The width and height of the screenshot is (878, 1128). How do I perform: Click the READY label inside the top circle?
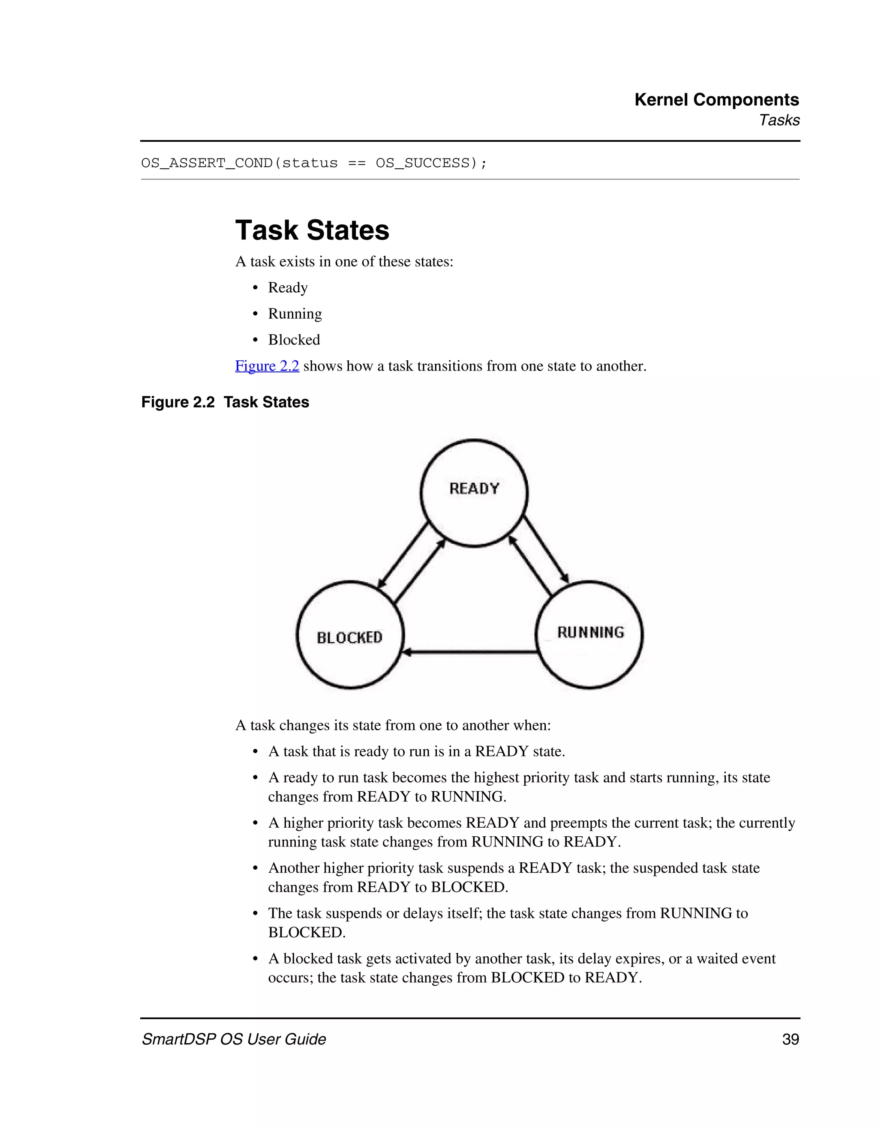coord(474,488)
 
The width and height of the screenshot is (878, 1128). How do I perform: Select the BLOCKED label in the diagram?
coord(349,637)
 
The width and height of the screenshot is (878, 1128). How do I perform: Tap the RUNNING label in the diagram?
coord(590,632)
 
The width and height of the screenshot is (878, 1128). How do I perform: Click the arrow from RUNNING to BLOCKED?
coord(470,652)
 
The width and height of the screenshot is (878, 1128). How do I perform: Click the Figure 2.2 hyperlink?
coord(267,366)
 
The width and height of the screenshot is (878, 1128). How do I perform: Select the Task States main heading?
coord(312,230)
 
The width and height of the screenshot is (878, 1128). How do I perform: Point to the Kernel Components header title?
coord(716,100)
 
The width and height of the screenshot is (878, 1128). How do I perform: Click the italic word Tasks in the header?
coord(779,120)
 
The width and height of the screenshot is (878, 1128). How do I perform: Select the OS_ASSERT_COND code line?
coord(314,163)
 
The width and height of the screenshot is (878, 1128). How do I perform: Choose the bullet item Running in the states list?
coord(295,314)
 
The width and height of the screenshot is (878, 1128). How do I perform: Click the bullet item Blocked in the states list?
coord(294,340)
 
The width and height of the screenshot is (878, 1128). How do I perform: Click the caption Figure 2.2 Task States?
coord(225,402)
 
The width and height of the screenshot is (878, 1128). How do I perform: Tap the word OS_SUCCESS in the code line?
coord(422,163)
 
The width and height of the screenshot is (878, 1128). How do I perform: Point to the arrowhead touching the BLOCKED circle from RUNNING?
coord(407,652)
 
